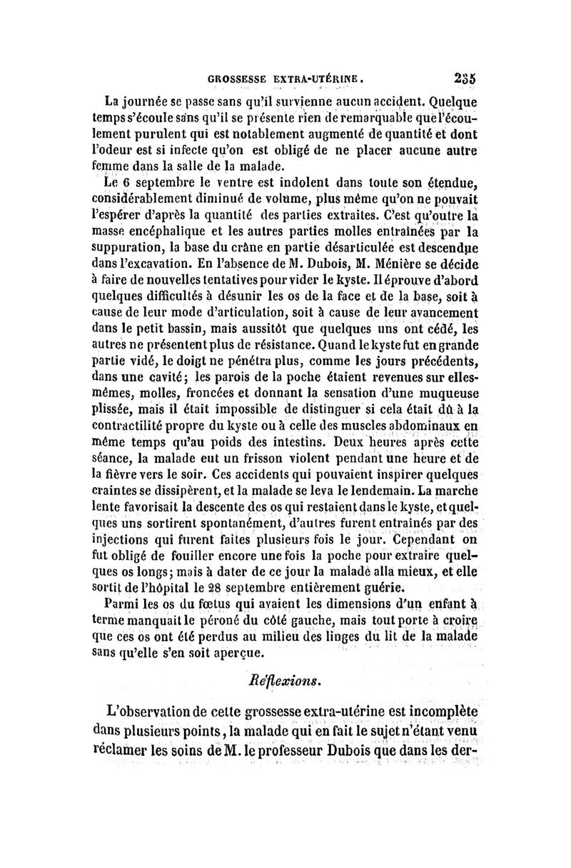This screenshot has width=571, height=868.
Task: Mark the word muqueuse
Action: click(x=453, y=394)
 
